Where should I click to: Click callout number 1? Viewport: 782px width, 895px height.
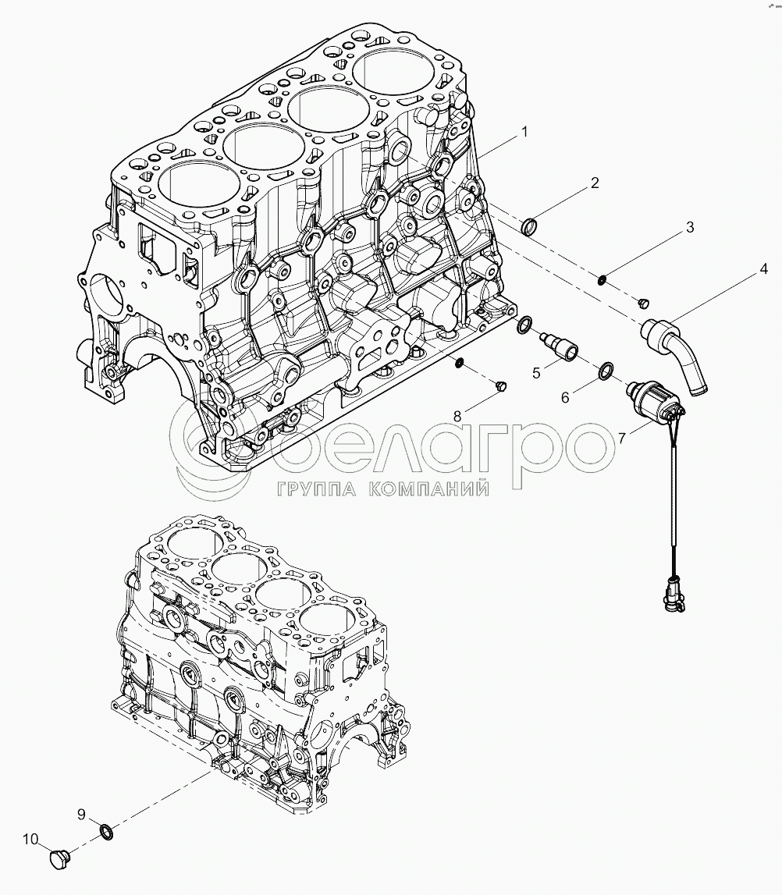point(524,132)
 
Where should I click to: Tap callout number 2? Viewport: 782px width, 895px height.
point(594,183)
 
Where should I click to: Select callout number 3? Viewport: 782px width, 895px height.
point(688,227)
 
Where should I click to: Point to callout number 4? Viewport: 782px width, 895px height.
point(763,269)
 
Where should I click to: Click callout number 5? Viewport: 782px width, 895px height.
point(536,373)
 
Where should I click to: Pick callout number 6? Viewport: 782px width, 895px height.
point(565,397)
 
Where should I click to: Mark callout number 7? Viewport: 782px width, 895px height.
point(622,439)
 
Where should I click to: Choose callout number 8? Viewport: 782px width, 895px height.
point(457,417)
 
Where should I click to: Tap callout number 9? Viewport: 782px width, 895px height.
point(80,815)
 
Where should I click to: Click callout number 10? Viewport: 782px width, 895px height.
point(30,840)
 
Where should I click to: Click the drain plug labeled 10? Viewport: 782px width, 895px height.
point(59,859)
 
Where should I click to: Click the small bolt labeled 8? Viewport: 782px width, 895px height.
point(500,385)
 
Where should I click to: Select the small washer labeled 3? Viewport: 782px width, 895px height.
point(602,279)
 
